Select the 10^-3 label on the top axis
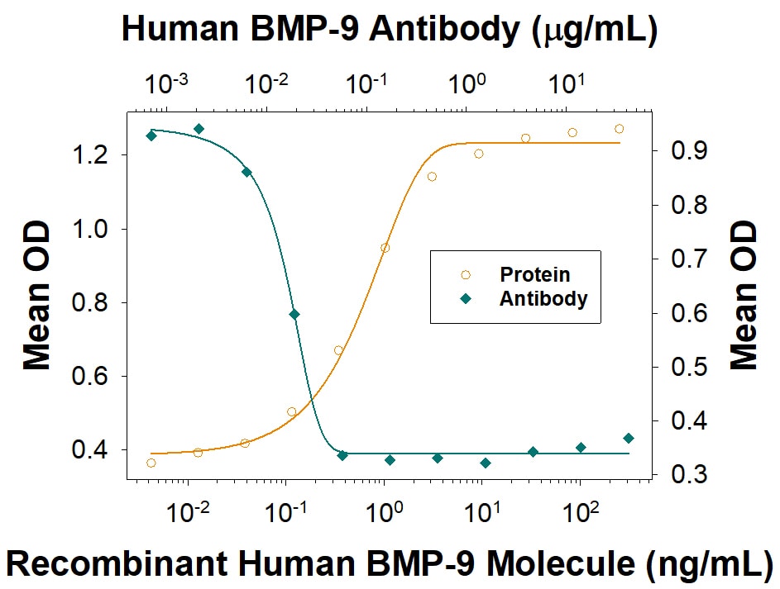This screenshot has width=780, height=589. click(166, 83)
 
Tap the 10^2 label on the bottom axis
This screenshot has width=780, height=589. click(577, 512)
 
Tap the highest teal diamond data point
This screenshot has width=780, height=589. click(199, 129)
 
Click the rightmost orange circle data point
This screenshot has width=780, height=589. click(619, 129)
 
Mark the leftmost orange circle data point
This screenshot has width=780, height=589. click(151, 463)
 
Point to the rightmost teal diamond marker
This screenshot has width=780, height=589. click(629, 438)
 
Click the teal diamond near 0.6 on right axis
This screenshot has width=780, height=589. click(294, 314)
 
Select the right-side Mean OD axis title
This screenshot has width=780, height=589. click(744, 295)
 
